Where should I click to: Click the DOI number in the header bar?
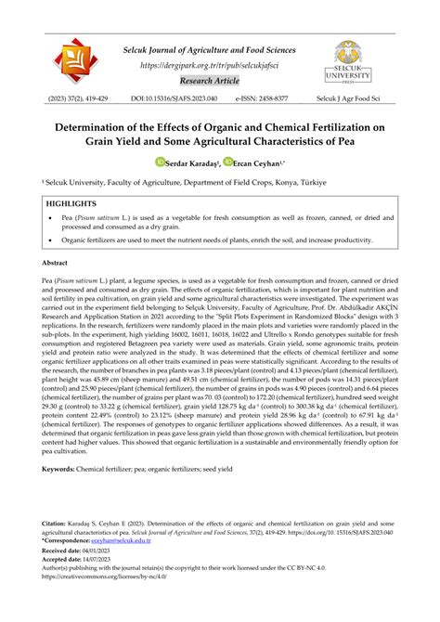(x=188, y=97)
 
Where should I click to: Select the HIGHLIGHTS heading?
(x=71, y=201)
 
